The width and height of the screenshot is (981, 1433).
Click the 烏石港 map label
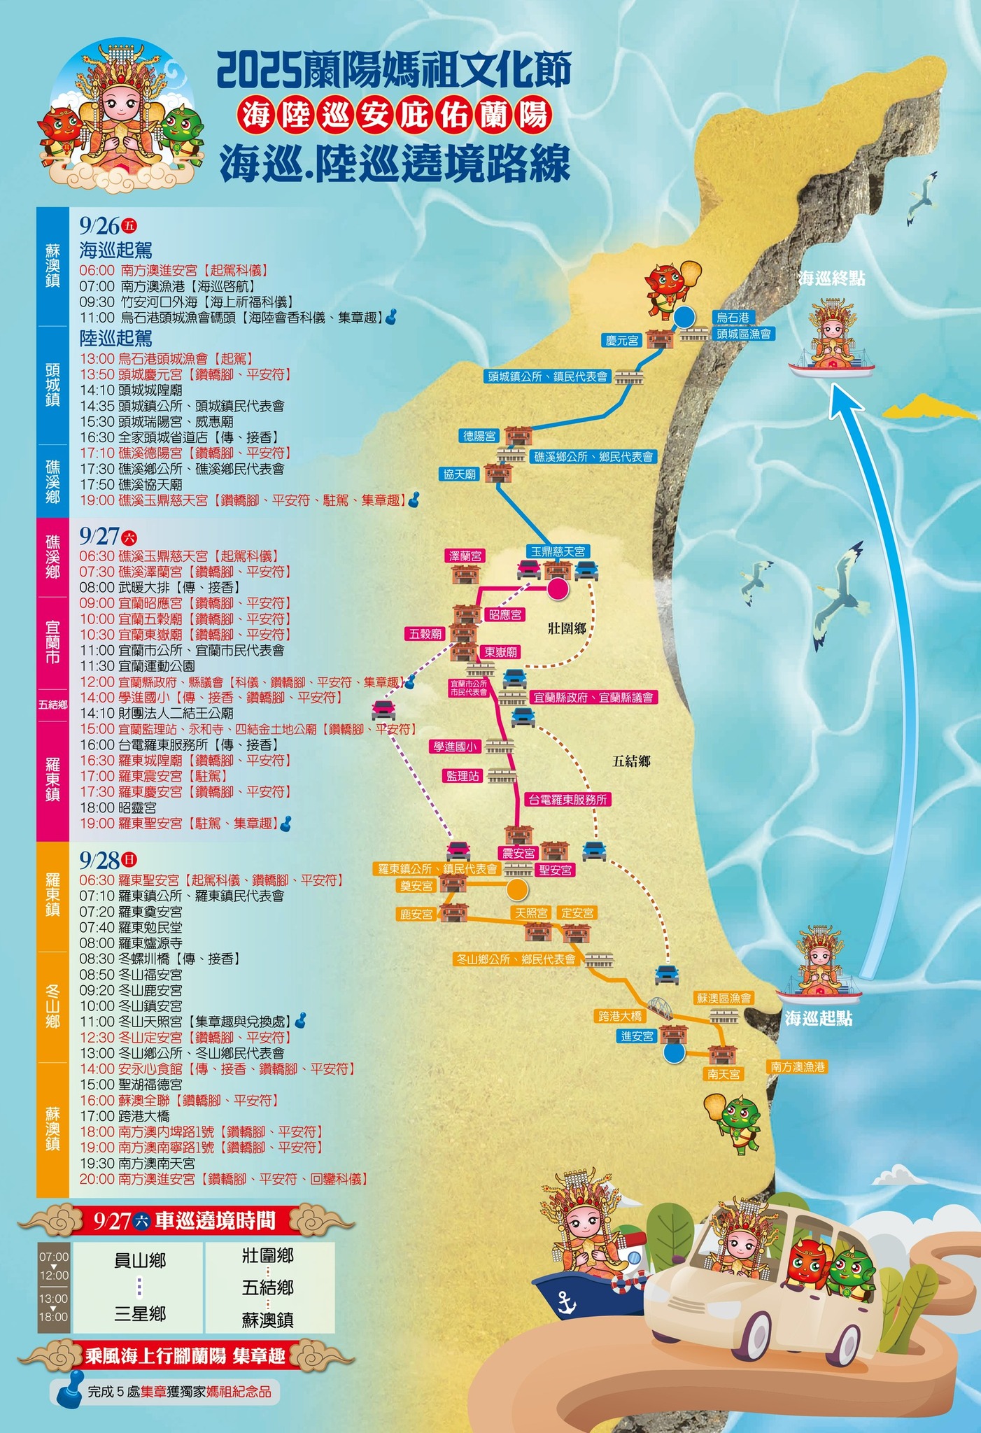click(733, 317)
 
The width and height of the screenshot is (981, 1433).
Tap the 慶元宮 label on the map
click(622, 340)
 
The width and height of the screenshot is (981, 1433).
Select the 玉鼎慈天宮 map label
click(558, 551)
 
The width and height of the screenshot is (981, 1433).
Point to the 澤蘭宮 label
click(465, 556)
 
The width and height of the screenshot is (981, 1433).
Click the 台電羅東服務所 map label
click(568, 799)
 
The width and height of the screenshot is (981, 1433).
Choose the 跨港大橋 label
click(620, 1015)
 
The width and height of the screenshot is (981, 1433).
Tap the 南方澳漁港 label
click(798, 1066)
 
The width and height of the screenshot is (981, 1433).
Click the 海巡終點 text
click(831, 278)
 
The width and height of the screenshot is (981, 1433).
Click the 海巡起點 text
click(818, 1018)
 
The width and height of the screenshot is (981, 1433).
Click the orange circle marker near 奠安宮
click(516, 889)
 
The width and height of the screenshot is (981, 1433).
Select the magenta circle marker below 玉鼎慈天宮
click(558, 588)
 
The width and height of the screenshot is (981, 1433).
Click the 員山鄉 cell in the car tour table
click(139, 1260)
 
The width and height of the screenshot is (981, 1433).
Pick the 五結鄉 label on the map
click(631, 761)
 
